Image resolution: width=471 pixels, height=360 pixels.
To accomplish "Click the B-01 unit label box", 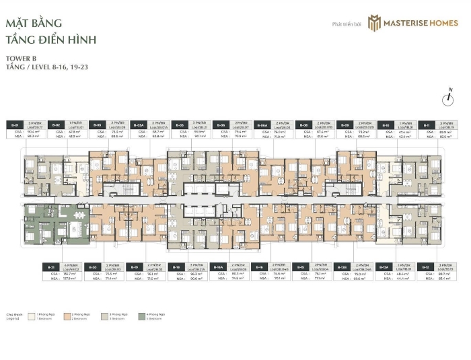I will (15, 124).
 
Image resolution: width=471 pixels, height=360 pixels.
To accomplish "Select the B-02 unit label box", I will (57, 124).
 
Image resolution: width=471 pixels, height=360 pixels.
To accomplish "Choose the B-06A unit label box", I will (263, 124).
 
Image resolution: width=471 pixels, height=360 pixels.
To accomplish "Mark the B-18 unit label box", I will (176, 266).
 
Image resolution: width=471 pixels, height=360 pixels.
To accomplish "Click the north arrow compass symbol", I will (447, 99).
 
